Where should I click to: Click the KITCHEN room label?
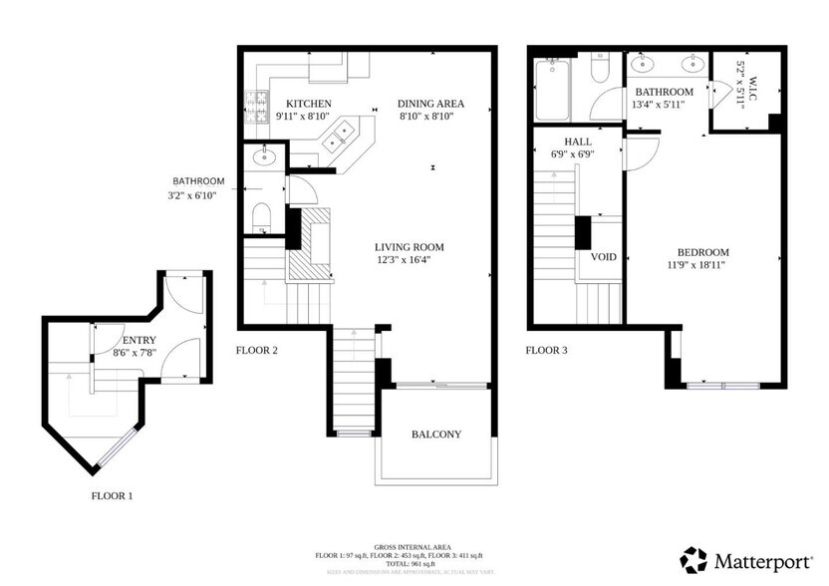point(308,104)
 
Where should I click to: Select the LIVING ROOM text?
point(409,247)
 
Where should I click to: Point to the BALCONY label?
point(436,435)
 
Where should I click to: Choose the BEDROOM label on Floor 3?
point(702,252)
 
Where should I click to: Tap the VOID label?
point(604,257)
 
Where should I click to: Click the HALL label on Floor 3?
point(564,142)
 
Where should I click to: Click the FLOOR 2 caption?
point(256,350)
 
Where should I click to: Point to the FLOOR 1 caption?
point(113,495)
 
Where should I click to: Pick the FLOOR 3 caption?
point(546,350)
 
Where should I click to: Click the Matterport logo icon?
point(694,560)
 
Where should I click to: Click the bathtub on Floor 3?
point(552,90)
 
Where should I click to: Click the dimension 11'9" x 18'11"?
point(702,265)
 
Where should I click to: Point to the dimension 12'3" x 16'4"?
point(409,260)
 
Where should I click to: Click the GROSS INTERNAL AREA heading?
point(414,547)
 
